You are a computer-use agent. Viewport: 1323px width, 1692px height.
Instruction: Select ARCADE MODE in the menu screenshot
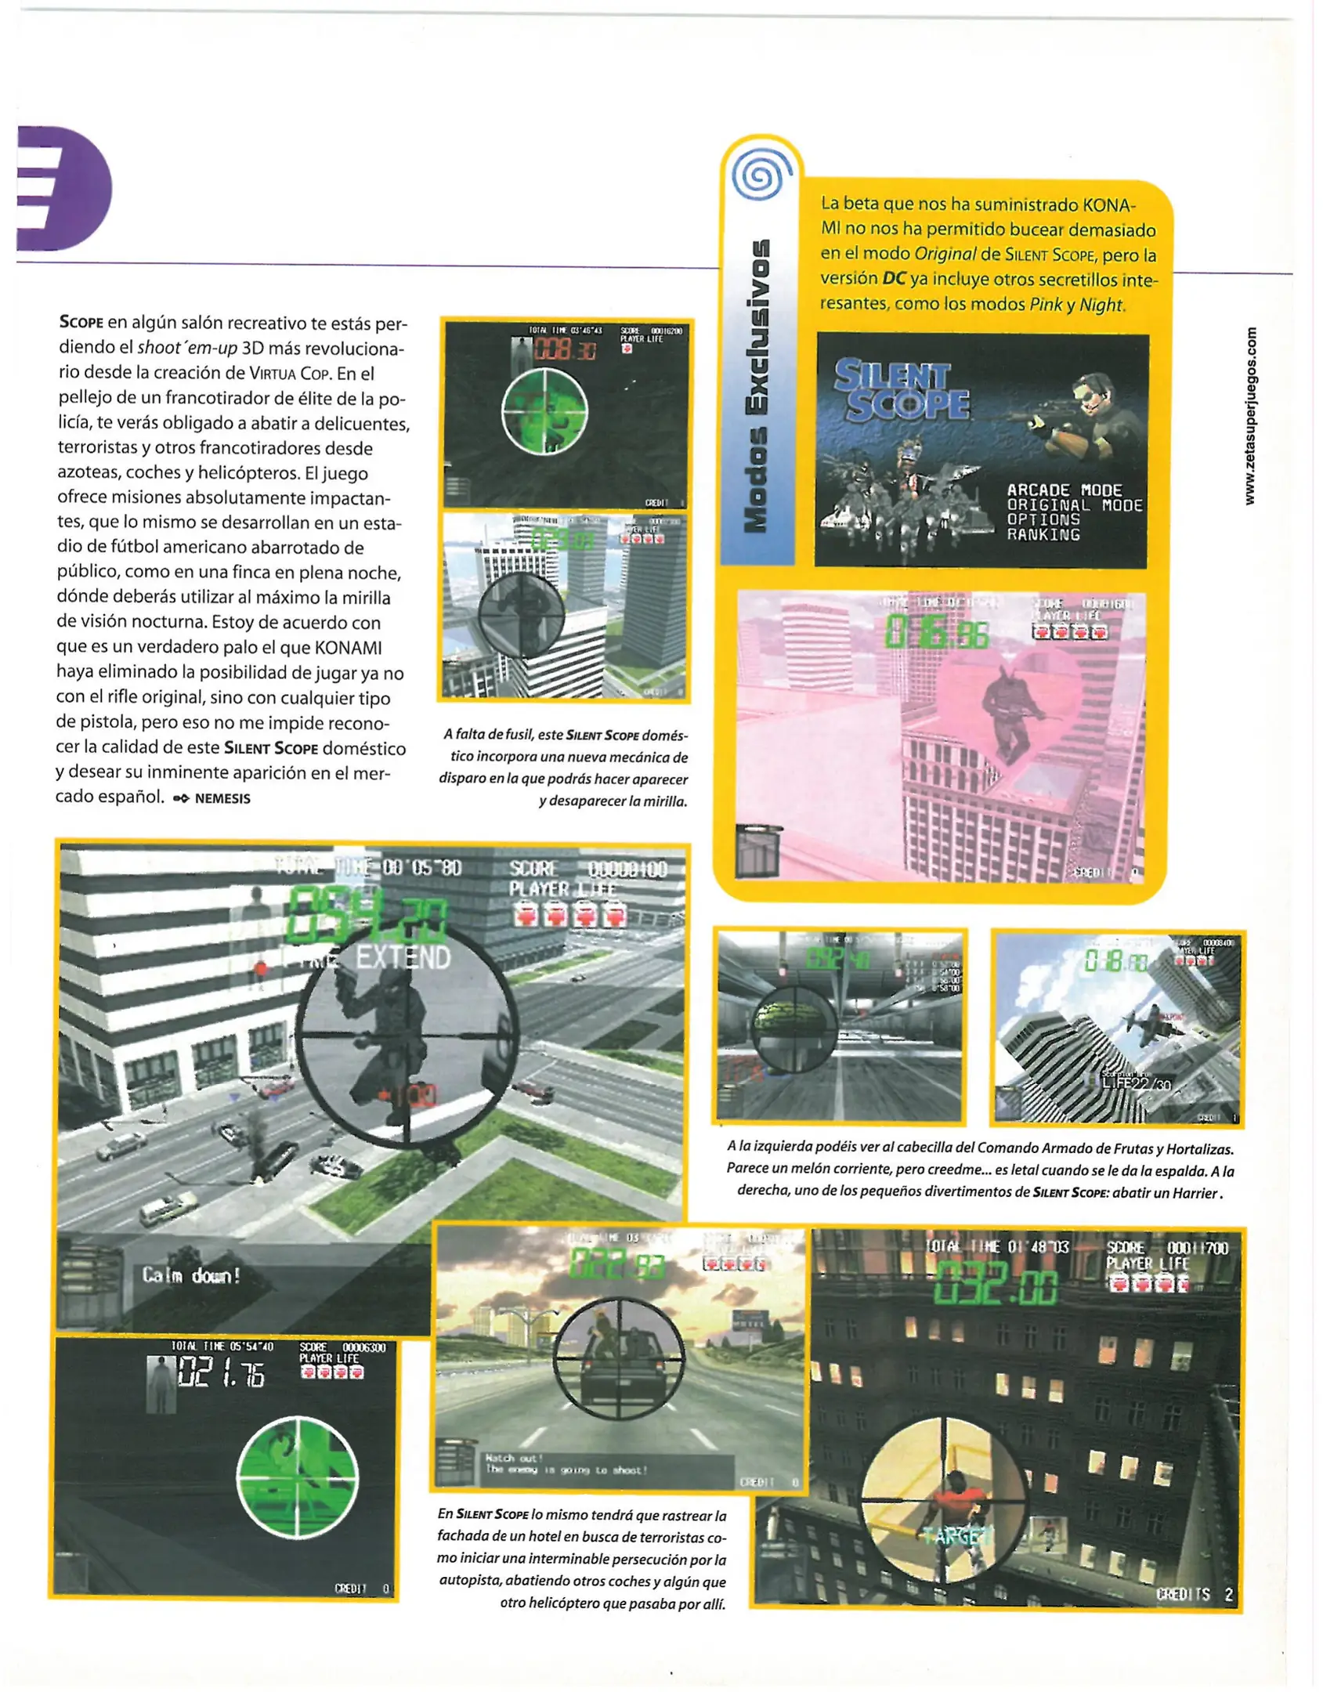1064,490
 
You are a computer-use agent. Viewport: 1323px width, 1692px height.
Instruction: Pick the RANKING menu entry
1043,534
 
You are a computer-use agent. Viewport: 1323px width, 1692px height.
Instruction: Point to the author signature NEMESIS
222,798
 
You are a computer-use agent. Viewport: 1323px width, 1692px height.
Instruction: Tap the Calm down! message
190,1276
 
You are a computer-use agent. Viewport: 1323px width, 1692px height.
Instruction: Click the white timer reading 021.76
222,1374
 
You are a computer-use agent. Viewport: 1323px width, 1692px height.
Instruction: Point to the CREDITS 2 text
1194,1594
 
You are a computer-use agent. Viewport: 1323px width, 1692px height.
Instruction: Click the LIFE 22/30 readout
1135,1083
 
